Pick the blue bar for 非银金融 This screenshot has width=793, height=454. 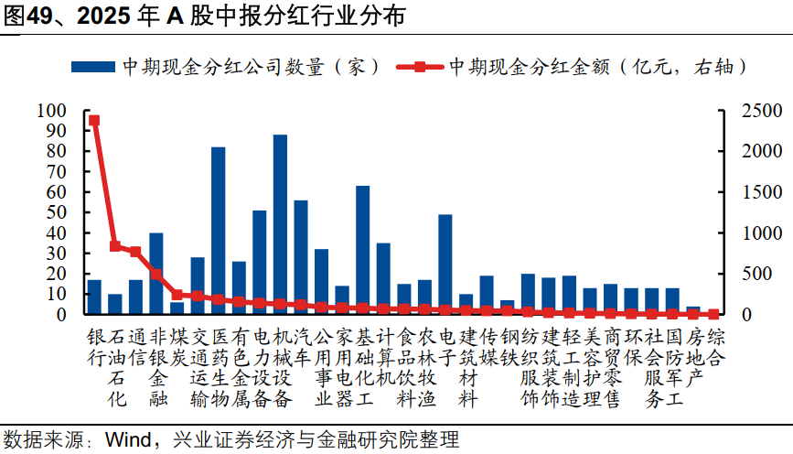point(156,274)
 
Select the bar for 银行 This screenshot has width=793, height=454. point(94,297)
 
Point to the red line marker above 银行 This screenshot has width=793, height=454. point(94,120)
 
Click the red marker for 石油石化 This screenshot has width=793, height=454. point(115,246)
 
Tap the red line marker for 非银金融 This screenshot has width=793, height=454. point(156,274)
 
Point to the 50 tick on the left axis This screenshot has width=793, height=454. point(57,212)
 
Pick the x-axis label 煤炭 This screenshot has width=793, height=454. point(177,344)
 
